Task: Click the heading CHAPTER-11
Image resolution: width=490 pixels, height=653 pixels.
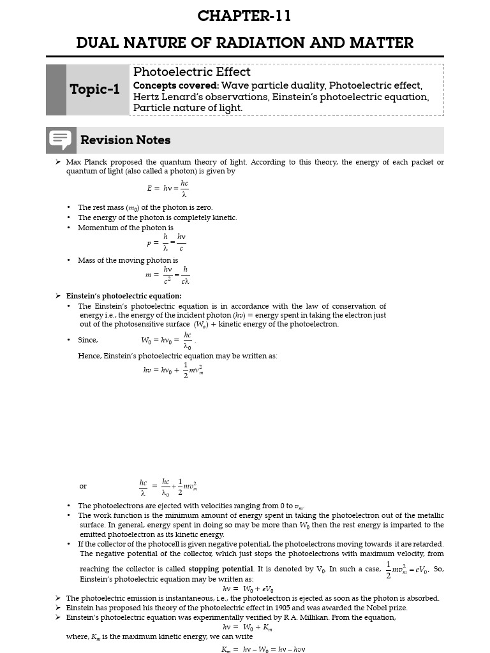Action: click(244, 17)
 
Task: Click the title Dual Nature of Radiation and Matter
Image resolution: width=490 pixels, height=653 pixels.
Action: click(244, 43)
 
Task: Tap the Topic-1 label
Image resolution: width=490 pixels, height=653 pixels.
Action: click(94, 89)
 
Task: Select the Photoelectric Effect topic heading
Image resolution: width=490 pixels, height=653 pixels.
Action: click(191, 72)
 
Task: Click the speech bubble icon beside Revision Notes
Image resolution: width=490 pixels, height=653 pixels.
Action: click(61, 140)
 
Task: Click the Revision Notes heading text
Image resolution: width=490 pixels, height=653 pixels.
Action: click(125, 140)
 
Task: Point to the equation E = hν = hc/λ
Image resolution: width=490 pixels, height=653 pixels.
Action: click(168, 188)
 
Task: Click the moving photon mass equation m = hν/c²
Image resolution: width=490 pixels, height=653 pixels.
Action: click(167, 275)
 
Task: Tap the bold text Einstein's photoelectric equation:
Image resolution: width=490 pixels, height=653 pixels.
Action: click(124, 296)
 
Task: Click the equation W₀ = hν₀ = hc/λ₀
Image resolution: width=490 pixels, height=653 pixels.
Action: click(167, 340)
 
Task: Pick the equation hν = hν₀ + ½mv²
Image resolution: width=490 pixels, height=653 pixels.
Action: click(173, 371)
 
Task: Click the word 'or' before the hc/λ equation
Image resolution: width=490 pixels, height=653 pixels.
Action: click(83, 486)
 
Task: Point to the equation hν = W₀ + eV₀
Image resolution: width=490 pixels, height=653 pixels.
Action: click(248, 589)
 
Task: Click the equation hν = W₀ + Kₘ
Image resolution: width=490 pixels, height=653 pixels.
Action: click(248, 627)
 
